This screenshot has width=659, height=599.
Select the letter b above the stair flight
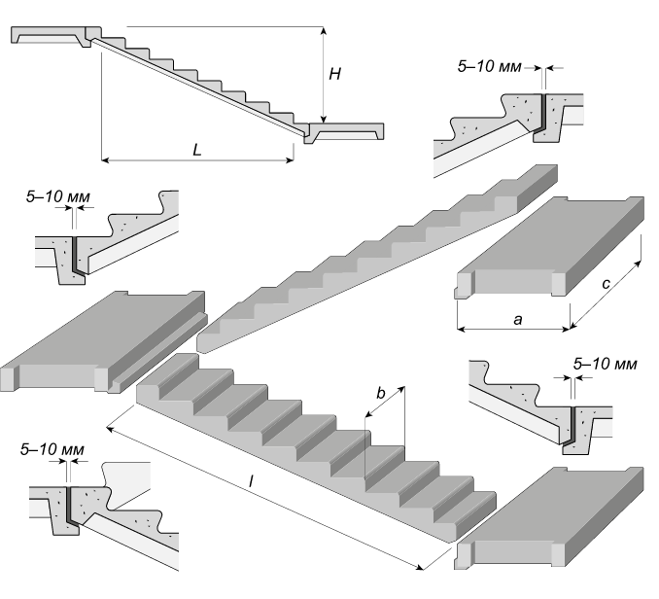[381, 394]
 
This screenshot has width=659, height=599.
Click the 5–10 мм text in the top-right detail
[488, 68]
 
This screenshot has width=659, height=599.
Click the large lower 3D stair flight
[321, 438]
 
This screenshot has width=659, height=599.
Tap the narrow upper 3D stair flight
[379, 258]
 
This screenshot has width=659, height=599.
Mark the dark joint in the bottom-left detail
[72, 505]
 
